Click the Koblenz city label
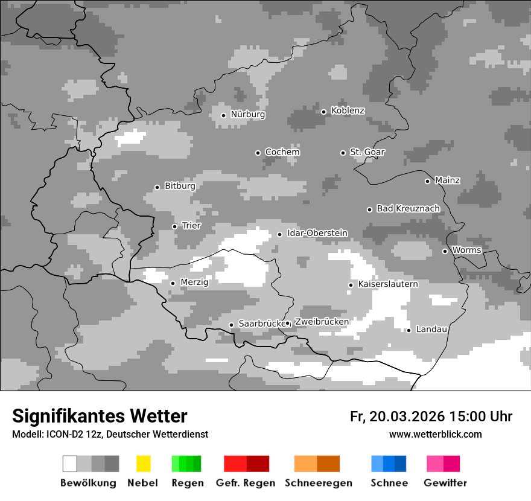click(348, 111)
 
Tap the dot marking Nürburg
click(223, 115)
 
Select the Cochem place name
click(282, 152)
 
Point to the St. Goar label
click(367, 152)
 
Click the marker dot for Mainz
click(427, 181)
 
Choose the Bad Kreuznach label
click(408, 209)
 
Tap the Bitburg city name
click(180, 187)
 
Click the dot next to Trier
click(174, 226)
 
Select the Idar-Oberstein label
click(317, 233)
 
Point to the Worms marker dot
click(445, 251)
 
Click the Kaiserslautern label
click(387, 284)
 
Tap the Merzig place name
click(194, 282)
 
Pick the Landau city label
click(431, 330)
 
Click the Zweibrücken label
click(321, 322)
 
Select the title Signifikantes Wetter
click(100, 416)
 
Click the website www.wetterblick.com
click(435, 435)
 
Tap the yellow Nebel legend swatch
click(143, 464)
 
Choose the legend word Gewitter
click(445, 483)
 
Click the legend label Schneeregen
click(318, 483)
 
